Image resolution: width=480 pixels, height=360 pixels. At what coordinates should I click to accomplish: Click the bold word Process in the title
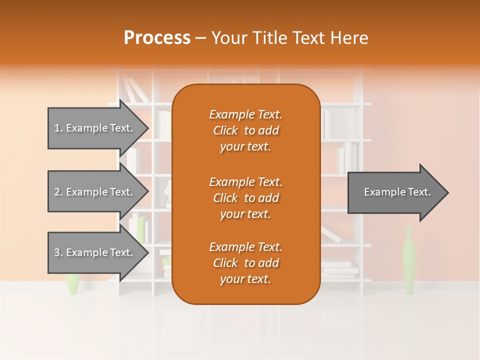[x=157, y=37]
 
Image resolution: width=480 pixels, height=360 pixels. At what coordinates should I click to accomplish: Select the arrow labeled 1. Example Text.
[x=95, y=128]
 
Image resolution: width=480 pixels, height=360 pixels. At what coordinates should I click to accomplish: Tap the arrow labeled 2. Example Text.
[x=95, y=192]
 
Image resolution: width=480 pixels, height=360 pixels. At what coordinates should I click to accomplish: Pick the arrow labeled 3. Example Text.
[x=95, y=252]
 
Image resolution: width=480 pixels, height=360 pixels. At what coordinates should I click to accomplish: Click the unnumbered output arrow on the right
[x=395, y=192]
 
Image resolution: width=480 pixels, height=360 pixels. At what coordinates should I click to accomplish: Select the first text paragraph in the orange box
[x=245, y=130]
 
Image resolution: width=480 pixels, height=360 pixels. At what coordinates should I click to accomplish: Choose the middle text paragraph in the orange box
[x=245, y=198]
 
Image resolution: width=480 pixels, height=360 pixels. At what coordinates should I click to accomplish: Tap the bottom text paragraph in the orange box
[x=245, y=263]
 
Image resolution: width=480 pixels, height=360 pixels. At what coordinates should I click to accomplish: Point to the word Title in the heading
[x=271, y=37]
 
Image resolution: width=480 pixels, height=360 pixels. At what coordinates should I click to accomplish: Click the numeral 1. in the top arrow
[x=58, y=128]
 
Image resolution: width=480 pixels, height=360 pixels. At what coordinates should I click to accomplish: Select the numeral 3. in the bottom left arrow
[x=58, y=252]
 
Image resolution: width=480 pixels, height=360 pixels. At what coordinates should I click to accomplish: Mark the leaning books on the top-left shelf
[x=134, y=90]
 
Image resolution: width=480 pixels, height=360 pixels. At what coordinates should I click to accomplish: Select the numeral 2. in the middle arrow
[x=58, y=192]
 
